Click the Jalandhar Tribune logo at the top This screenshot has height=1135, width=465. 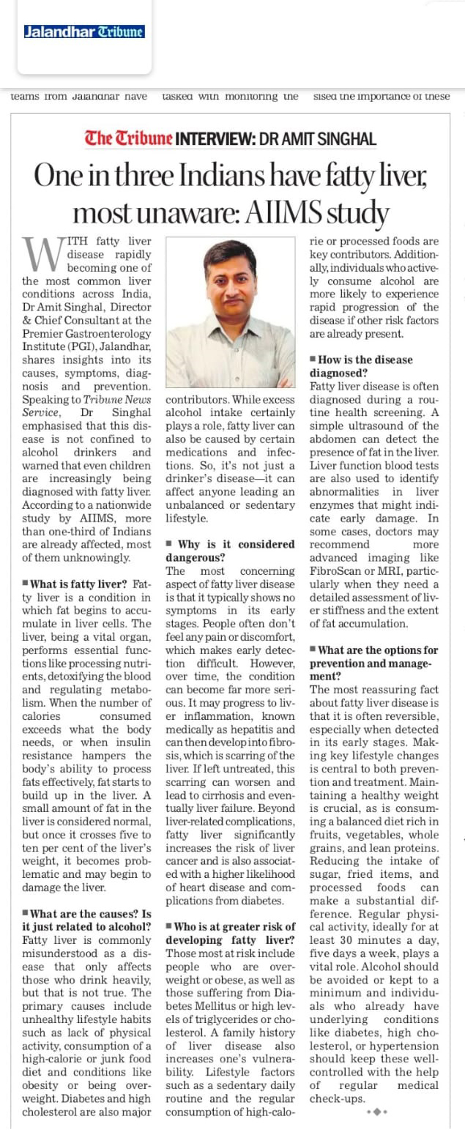pyautogui.click(x=83, y=31)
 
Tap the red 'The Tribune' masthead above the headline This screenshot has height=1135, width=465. pyautogui.click(x=128, y=137)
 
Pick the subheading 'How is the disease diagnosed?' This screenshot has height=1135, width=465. pyautogui.click(x=364, y=366)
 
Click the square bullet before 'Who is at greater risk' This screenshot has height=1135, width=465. pyautogui.click(x=170, y=927)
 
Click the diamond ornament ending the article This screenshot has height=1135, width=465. pyautogui.click(x=376, y=1112)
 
